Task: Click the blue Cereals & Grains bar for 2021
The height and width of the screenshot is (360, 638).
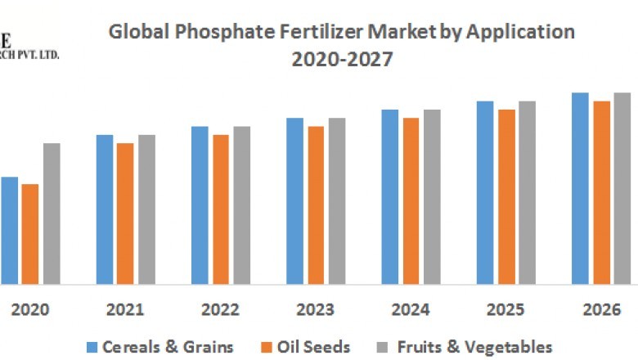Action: click(104, 209)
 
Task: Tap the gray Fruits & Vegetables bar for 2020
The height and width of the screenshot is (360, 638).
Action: click(52, 213)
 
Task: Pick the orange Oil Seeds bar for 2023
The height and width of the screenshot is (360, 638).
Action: click(315, 205)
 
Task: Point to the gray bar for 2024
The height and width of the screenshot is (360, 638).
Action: click(432, 196)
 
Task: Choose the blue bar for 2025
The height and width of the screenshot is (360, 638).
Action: click(485, 192)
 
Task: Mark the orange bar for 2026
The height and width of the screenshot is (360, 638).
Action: click(601, 192)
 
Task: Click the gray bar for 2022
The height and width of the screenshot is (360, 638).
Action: click(241, 205)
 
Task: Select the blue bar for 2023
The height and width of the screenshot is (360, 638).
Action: click(294, 200)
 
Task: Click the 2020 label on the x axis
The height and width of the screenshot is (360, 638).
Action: click(30, 310)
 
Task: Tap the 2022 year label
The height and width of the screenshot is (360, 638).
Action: click(220, 310)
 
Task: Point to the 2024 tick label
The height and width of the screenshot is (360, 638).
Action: click(411, 310)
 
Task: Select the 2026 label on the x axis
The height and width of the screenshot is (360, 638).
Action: click(601, 310)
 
